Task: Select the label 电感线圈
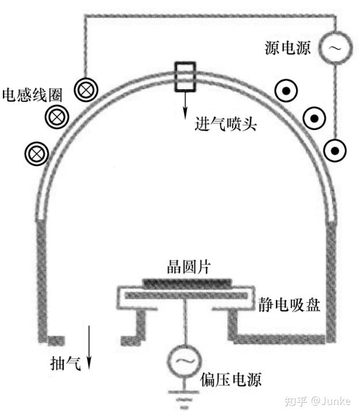click(x=25, y=93)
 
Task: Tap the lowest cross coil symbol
click(x=36, y=153)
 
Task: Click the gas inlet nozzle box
click(x=185, y=77)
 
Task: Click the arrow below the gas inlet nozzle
click(x=185, y=106)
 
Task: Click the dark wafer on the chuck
click(x=188, y=282)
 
